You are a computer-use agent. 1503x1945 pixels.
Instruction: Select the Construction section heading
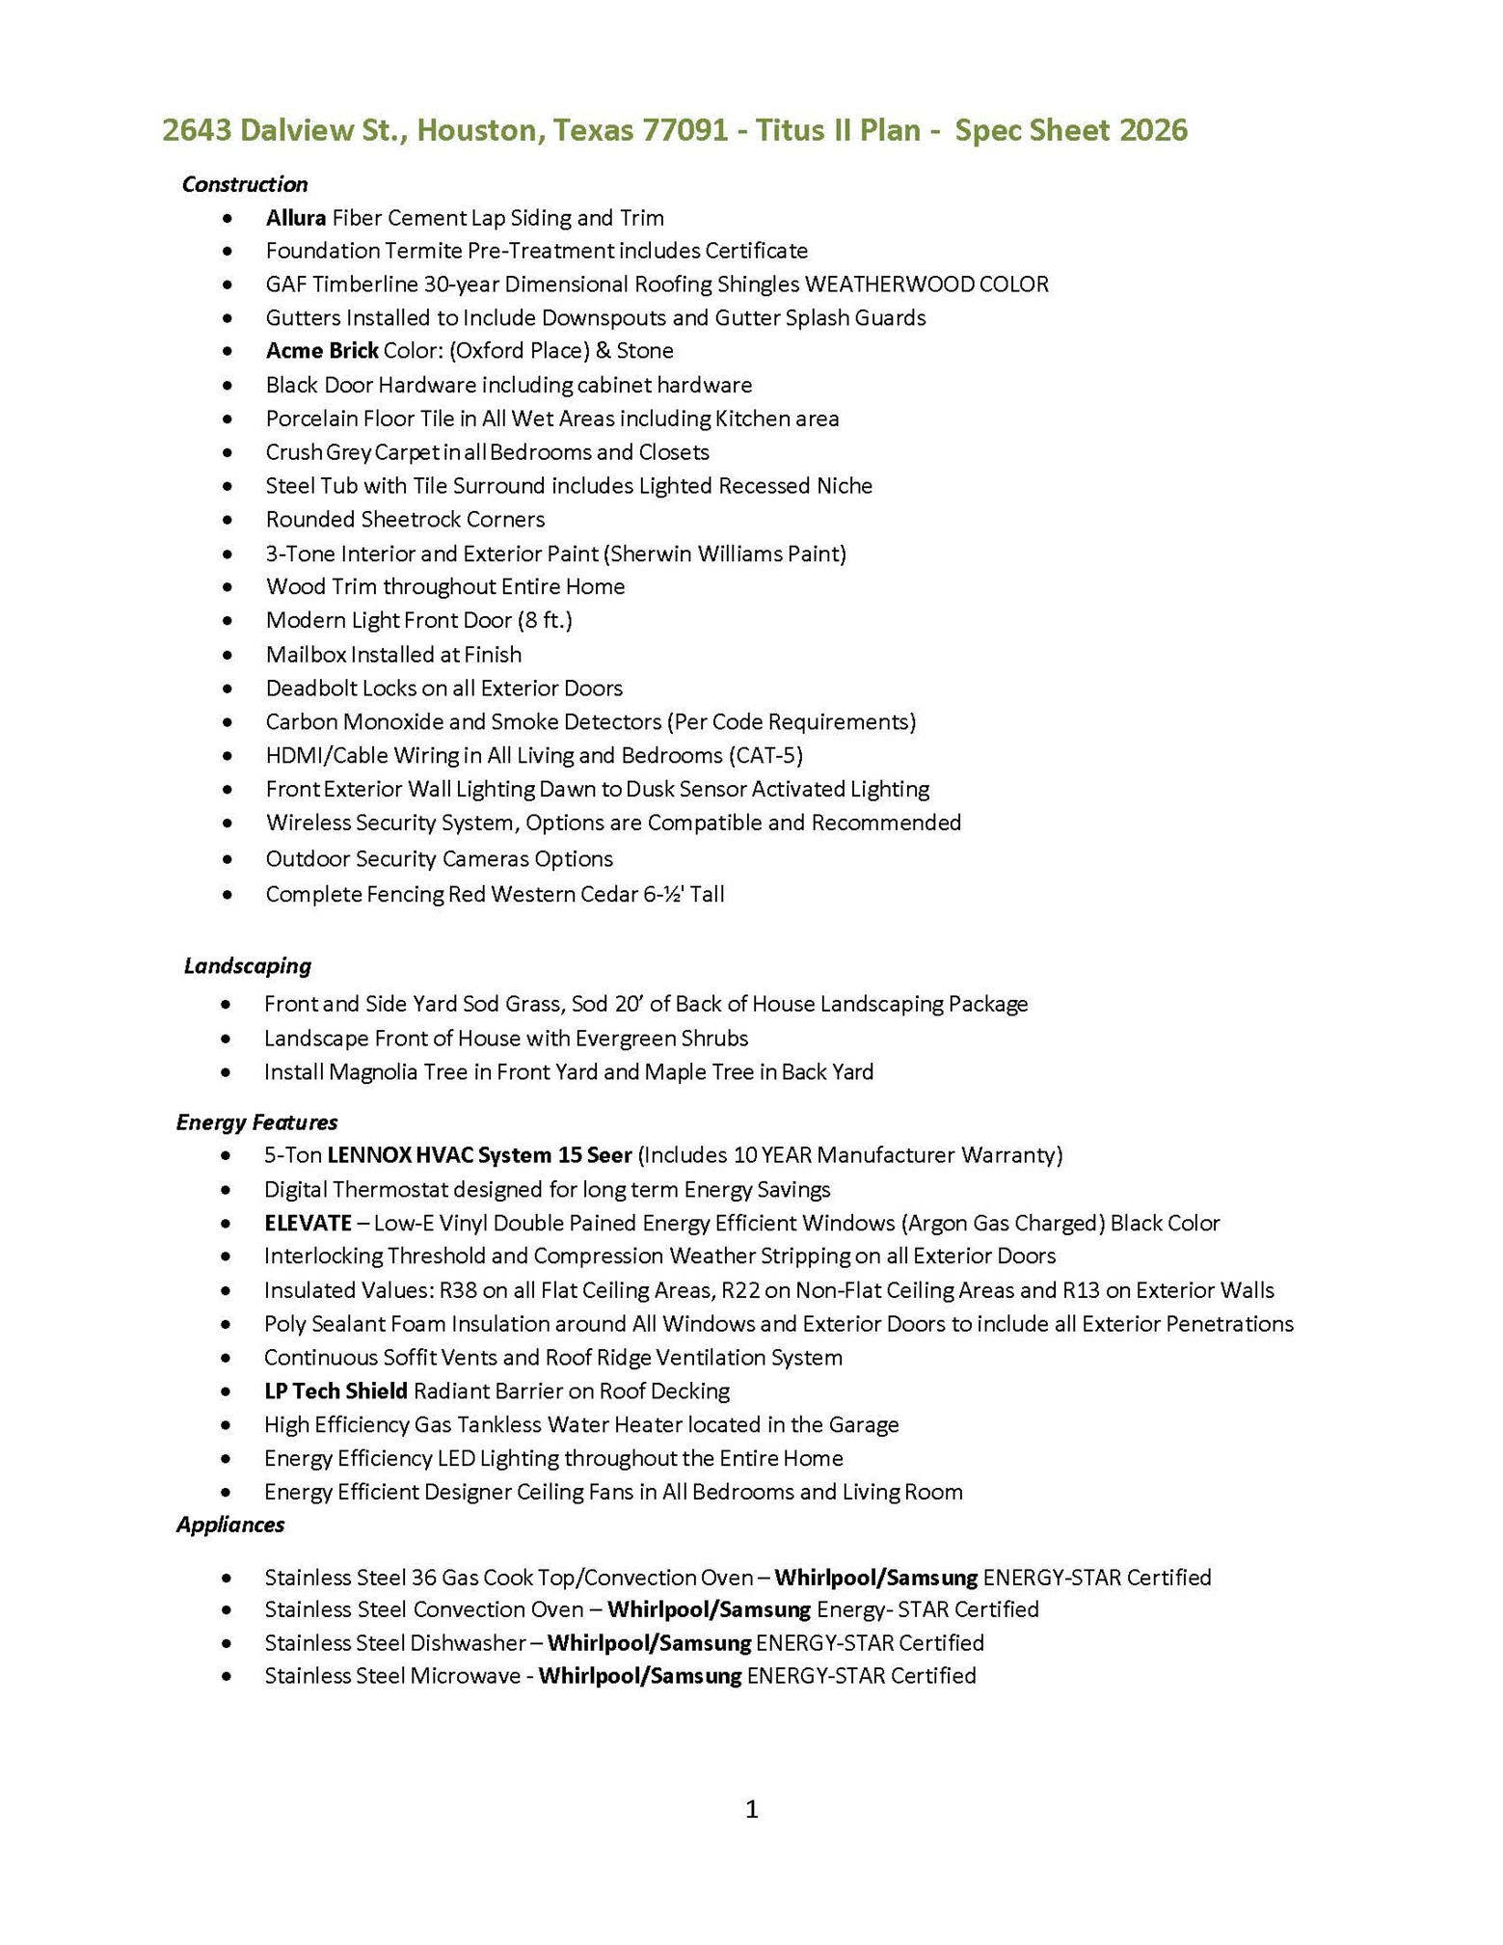pyautogui.click(x=245, y=184)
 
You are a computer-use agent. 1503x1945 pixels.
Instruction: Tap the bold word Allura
pyautogui.click(x=295, y=218)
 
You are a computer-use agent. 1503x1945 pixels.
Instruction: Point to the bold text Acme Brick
pyautogui.click(x=321, y=350)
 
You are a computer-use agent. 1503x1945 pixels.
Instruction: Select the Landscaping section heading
pyautogui.click(x=248, y=966)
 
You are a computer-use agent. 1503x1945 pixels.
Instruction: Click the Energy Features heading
pyautogui.click(x=256, y=1122)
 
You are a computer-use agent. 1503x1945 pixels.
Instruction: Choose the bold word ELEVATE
pyautogui.click(x=308, y=1224)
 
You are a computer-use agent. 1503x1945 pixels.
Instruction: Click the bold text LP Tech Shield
pyautogui.click(x=335, y=1391)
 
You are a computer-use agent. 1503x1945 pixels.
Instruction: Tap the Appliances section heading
pyautogui.click(x=230, y=1525)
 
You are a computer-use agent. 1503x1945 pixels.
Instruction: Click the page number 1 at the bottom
pyautogui.click(x=752, y=1810)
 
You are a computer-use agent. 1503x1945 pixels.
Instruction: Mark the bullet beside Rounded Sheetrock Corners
pyautogui.click(x=227, y=521)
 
